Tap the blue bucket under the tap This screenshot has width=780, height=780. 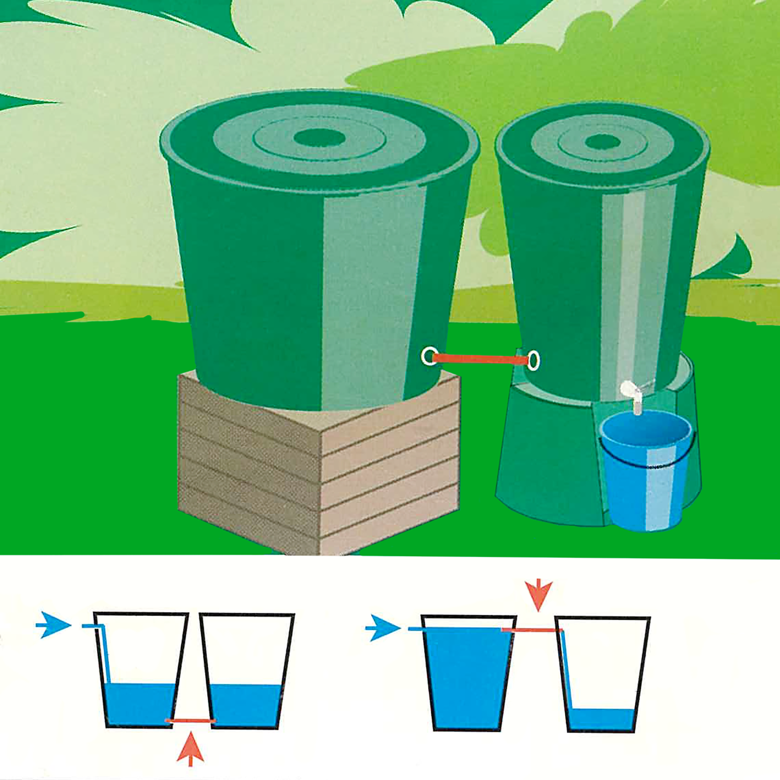point(645,475)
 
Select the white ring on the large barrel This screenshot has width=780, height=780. point(429,356)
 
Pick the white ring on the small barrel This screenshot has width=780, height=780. point(533,360)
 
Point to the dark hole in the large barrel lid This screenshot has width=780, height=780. point(320,138)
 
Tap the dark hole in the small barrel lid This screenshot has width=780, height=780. point(602,143)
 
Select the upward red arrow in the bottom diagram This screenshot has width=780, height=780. point(190,748)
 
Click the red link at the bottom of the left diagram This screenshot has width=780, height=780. point(190,721)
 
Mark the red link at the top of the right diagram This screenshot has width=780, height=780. point(532,630)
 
